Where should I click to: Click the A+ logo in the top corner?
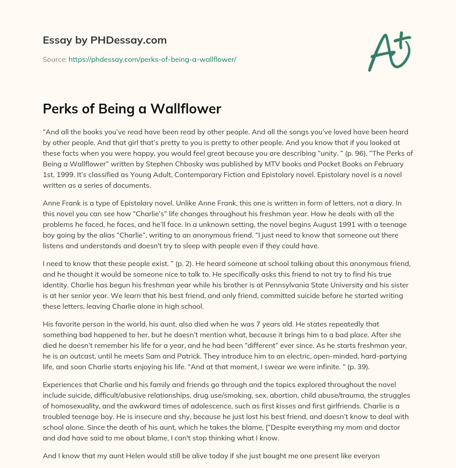coord(389,52)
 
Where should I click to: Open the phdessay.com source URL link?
coord(152,59)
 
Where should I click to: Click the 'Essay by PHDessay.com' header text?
coord(105,40)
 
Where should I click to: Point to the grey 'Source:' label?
coord(55,59)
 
